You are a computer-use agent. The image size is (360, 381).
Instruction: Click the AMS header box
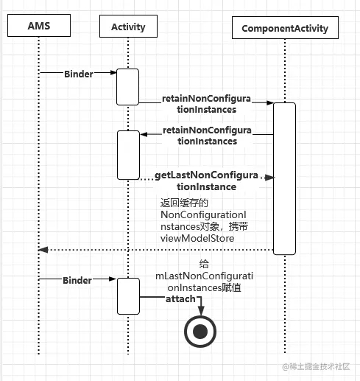(38, 26)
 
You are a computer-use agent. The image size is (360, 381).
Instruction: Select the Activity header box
(128, 27)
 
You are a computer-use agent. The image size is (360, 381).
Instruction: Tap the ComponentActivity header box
(285, 29)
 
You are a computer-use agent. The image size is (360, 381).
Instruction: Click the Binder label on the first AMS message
(79, 74)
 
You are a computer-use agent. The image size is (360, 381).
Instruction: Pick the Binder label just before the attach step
(77, 281)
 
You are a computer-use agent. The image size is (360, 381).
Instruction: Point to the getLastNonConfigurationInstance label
(206, 181)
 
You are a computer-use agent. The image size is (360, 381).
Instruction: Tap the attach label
(180, 299)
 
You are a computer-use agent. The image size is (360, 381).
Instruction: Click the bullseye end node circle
(200, 332)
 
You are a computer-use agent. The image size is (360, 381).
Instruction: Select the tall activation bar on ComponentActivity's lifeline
(284, 178)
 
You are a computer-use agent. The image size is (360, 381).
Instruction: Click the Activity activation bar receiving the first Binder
(127, 86)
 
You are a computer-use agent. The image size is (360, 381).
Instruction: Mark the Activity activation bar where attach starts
(127, 296)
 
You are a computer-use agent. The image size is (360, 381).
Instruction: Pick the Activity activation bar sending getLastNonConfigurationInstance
(127, 155)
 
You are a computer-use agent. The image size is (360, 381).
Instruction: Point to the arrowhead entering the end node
(200, 311)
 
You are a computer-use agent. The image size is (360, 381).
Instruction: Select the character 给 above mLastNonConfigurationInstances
(204, 264)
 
